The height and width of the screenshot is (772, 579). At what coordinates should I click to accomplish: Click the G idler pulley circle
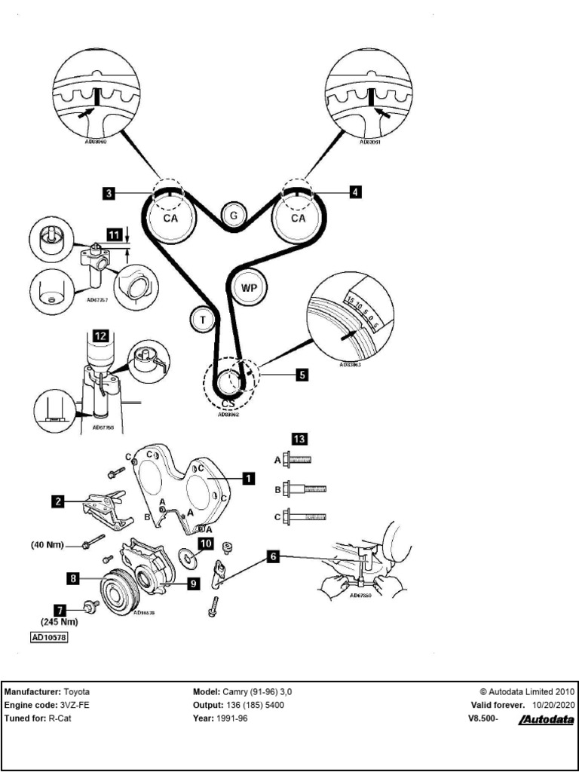[x=234, y=216]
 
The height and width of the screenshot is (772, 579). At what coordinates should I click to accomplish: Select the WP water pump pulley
[x=250, y=288]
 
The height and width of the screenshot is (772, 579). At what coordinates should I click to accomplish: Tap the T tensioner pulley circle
[x=202, y=320]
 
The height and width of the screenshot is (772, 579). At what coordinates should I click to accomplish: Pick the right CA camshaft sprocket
[x=299, y=218]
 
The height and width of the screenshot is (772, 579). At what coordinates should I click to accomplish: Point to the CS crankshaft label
[x=228, y=403]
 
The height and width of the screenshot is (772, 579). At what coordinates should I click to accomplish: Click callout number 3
[x=109, y=194]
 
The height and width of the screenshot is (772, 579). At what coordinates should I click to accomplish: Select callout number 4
[x=355, y=192]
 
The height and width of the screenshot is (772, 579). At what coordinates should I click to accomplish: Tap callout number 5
[x=301, y=372]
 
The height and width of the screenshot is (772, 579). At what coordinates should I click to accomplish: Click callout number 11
[x=113, y=235]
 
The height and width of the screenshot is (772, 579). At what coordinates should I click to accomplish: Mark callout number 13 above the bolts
[x=300, y=438]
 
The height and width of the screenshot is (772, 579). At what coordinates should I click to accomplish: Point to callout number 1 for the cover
[x=247, y=477]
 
